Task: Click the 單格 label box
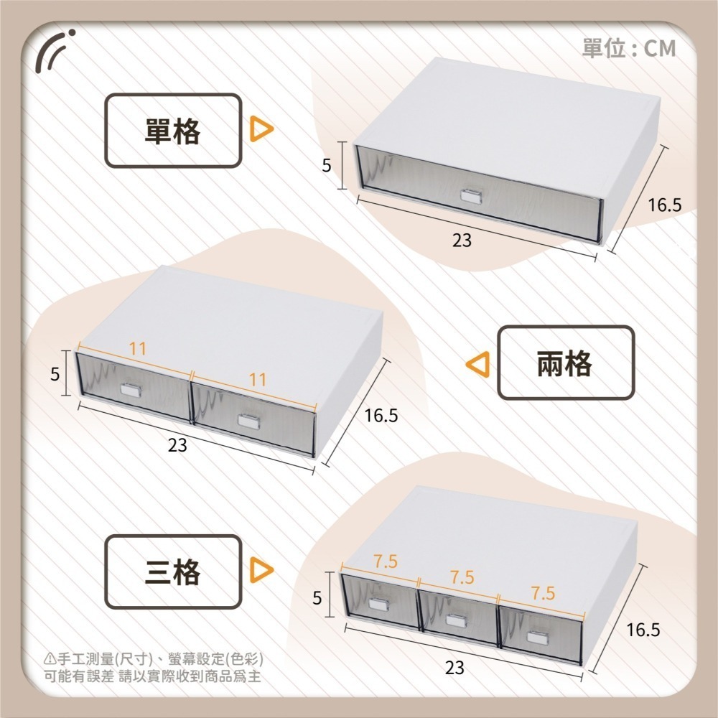point(173,131)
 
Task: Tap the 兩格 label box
point(566,363)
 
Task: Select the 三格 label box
point(173,572)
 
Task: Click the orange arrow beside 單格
point(261,129)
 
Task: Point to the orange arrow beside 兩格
point(478,365)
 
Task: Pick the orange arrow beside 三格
point(261,569)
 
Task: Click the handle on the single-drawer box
point(472,195)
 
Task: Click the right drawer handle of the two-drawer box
point(248,421)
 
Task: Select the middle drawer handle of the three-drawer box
point(456,620)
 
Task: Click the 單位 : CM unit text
point(629,48)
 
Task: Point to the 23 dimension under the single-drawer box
point(462,240)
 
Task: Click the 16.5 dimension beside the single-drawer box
point(664,205)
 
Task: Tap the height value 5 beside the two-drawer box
point(55,374)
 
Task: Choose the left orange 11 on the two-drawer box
point(137,349)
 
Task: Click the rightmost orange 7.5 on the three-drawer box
point(543,594)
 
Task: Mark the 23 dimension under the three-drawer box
point(454,668)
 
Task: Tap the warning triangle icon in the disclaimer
point(50,659)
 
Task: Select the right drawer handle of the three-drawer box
point(536,637)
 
